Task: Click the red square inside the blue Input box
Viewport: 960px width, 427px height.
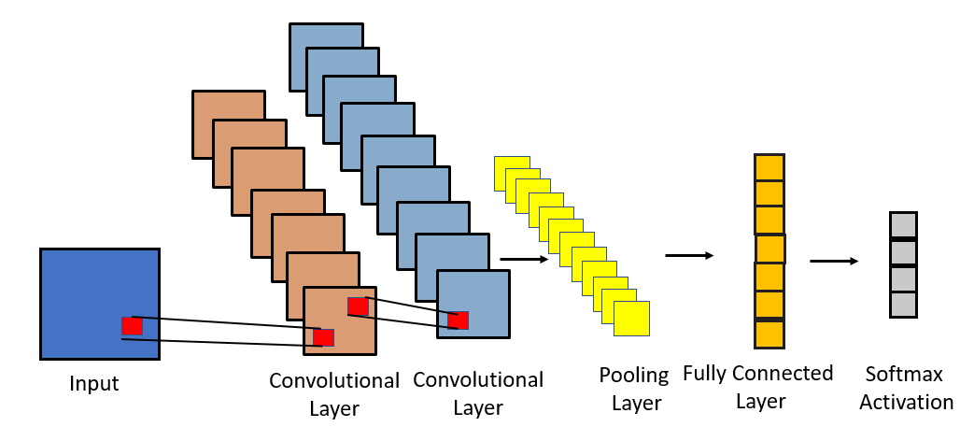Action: tap(132, 326)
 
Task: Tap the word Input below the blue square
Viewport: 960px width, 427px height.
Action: tap(94, 383)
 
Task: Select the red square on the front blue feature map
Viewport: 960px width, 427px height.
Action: tap(458, 320)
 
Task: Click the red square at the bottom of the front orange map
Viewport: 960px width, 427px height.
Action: tap(324, 337)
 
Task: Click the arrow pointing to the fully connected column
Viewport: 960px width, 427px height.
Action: tap(689, 254)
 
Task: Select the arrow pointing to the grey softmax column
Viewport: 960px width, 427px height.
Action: tap(834, 261)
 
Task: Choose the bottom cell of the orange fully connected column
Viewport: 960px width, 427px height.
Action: tap(769, 334)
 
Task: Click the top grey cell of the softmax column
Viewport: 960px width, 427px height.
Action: tap(903, 225)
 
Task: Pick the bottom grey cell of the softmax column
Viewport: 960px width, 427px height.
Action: tap(903, 305)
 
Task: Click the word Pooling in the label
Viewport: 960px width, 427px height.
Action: tap(635, 376)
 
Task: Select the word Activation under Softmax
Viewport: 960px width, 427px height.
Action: tap(906, 403)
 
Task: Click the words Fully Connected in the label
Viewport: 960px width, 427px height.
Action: tap(757, 374)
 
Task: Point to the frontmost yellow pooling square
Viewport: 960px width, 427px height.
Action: tap(631, 319)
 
